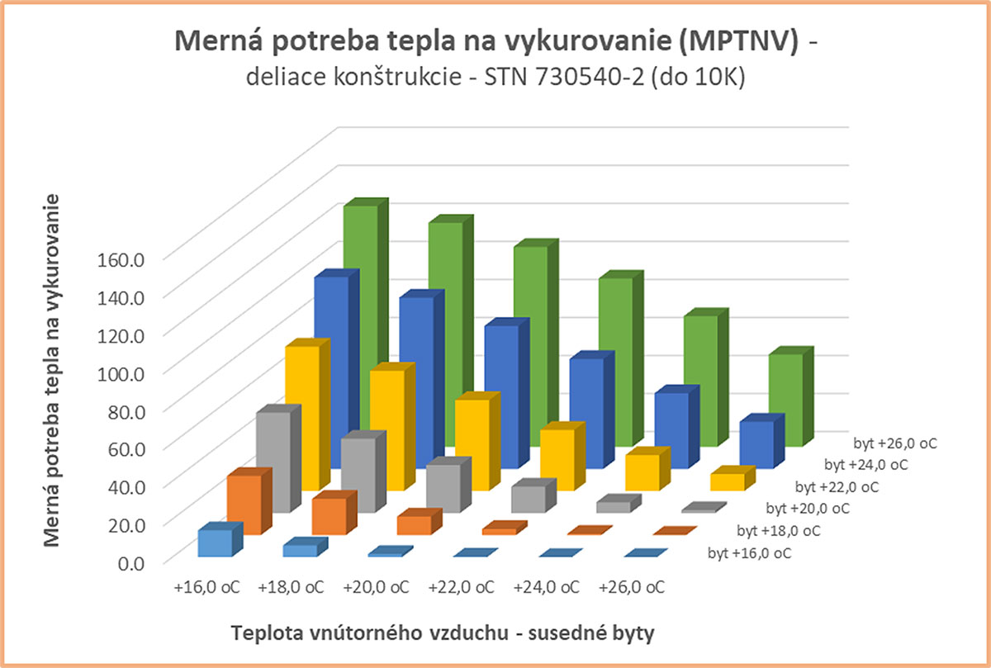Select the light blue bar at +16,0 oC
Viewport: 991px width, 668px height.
(x=214, y=542)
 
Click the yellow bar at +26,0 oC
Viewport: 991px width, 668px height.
(x=727, y=482)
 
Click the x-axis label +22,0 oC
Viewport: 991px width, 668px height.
(x=462, y=588)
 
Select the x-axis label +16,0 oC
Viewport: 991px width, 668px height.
(x=207, y=588)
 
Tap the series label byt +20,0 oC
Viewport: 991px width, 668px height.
(x=808, y=508)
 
